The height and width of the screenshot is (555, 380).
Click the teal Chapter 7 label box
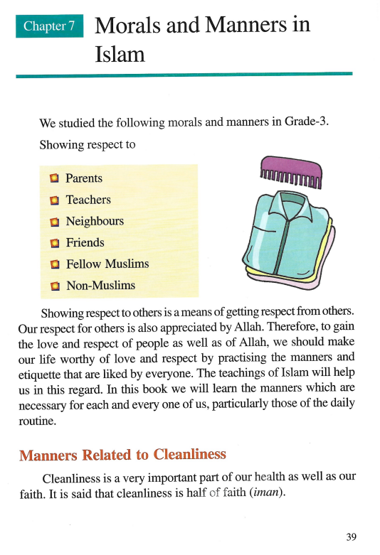tap(49, 26)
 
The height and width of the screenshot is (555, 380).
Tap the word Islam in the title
tap(120, 54)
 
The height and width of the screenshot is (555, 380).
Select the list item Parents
tap(84, 178)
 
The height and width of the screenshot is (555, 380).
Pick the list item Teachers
tap(88, 200)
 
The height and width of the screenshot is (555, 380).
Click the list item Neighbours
tap(95, 221)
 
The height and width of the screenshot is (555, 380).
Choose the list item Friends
tap(85, 242)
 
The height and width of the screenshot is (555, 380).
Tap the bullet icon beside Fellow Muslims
tap(54, 264)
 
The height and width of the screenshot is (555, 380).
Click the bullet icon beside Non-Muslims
tap(54, 286)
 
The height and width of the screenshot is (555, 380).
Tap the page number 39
tap(351, 536)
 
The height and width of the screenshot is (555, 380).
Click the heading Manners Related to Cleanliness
tap(122, 455)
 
